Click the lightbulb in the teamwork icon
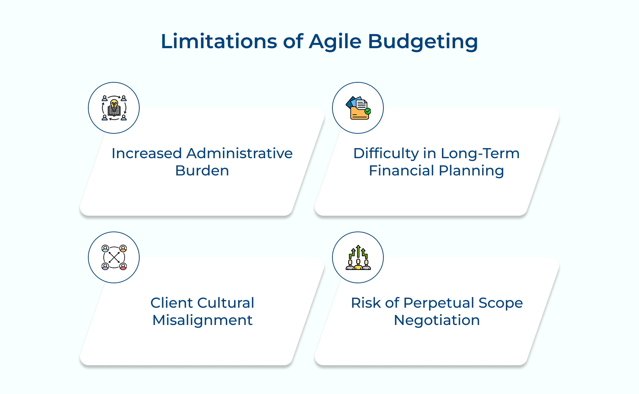pos(114,104)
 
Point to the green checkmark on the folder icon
pos(367,111)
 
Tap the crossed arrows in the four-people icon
pos(114,257)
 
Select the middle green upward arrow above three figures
pos(358,251)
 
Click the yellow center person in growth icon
pos(358,265)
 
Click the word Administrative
pos(239,154)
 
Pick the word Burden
pos(202,171)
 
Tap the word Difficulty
pos(386,154)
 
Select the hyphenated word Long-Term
pos(480,154)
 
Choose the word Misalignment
pos(202,320)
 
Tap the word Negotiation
pos(437,320)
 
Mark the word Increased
pos(146,154)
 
